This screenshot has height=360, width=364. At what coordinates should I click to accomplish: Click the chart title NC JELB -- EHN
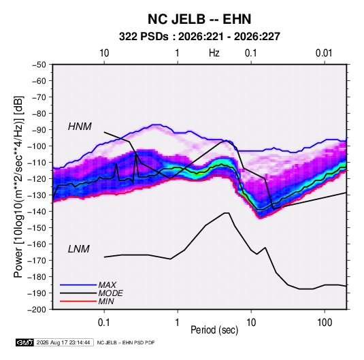pos(199,19)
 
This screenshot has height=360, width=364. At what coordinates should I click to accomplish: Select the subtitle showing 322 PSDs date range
pos(199,37)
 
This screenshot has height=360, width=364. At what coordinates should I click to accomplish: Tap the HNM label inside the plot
pos(80,127)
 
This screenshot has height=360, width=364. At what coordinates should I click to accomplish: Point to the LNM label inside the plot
pos(79,249)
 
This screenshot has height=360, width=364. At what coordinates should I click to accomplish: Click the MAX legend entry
pos(107,285)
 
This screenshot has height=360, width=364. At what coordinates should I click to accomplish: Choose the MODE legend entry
pos(110,293)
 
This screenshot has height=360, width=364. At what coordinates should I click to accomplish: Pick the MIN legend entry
pos(106,301)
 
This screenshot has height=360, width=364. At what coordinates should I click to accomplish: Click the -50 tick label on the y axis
pos(39,65)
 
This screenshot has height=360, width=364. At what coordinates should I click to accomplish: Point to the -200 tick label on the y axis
pos(37,310)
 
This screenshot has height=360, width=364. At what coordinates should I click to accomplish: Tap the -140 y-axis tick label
pos(37,212)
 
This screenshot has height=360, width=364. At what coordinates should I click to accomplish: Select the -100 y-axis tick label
pos(37,146)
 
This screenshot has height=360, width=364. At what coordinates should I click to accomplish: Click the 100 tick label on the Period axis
pos(325,323)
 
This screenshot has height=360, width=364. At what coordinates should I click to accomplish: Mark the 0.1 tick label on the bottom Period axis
pos(104,323)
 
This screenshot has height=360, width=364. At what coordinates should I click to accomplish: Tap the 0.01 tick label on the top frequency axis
pos(324,53)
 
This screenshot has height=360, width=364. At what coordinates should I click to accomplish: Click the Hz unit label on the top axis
pos(214,53)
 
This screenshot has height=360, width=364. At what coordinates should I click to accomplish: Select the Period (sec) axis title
pos(214,330)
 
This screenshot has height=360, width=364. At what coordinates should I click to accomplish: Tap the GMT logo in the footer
pos(25,342)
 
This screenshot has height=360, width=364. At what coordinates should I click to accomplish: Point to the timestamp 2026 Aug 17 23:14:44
pos(63,342)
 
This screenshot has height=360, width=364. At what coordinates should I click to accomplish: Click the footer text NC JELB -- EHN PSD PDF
pos(126,342)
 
